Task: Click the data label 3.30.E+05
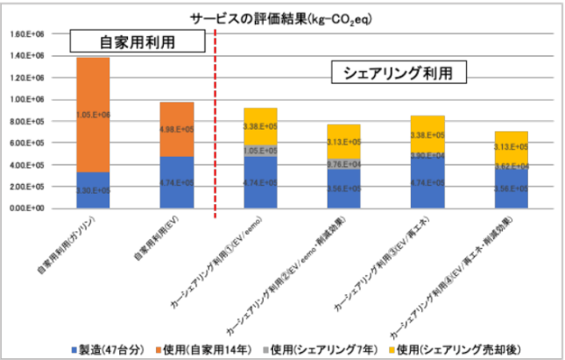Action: pos(93,190)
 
